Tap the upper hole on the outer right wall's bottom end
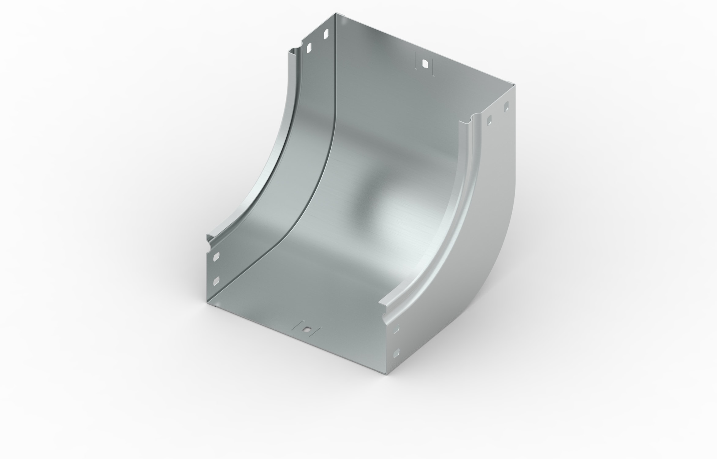397,329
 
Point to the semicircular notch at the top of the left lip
80,50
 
